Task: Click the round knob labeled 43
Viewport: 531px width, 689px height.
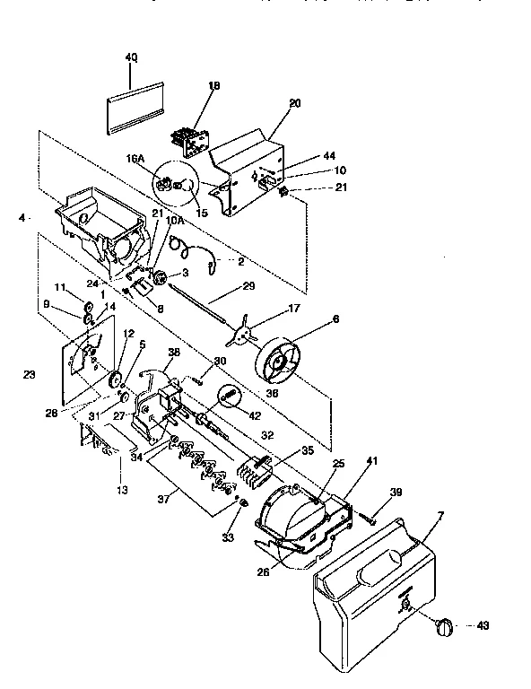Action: [442, 626]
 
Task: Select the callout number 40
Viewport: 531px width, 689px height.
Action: [131, 57]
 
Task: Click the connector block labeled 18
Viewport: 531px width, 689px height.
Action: [192, 132]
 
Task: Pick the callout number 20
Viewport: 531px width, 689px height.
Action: [294, 103]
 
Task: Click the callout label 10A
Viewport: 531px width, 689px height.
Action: [175, 220]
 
